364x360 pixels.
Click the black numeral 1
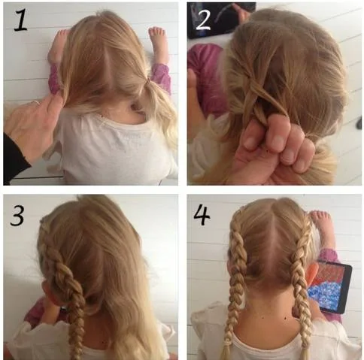(x=21, y=20)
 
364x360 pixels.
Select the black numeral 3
(x=17, y=216)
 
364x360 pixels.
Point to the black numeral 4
(x=202, y=214)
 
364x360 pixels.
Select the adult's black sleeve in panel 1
(x=14, y=158)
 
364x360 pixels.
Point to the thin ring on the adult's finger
(x=35, y=102)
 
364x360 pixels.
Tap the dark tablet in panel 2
(x=221, y=20)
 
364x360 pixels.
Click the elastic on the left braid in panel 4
(x=229, y=341)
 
